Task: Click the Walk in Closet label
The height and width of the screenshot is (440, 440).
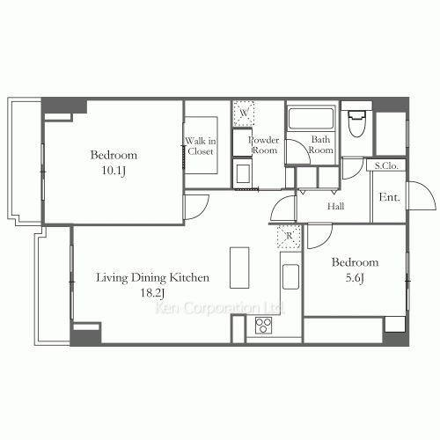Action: point(201,146)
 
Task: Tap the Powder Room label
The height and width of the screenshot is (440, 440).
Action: point(264,145)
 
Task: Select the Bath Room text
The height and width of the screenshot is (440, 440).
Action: point(320,144)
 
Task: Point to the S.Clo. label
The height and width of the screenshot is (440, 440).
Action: point(386,165)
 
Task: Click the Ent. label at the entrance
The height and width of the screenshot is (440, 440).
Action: point(389,197)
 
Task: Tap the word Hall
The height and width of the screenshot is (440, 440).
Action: point(336,206)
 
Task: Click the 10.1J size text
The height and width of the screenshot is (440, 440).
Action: point(114,171)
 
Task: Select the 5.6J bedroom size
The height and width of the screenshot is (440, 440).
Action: point(355,278)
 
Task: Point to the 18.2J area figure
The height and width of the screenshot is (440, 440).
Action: point(152,293)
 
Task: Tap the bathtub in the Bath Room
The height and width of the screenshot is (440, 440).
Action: point(311,118)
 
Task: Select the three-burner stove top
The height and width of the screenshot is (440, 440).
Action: point(263,325)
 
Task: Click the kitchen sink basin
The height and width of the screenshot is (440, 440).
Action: point(290,276)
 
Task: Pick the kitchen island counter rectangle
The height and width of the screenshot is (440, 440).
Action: point(239,268)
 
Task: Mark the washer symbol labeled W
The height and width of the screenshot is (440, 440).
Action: point(244,114)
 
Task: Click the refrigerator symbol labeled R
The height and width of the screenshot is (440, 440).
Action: point(290,237)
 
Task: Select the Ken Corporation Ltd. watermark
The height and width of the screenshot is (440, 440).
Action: point(219,308)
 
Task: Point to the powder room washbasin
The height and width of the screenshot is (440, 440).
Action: point(243,174)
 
